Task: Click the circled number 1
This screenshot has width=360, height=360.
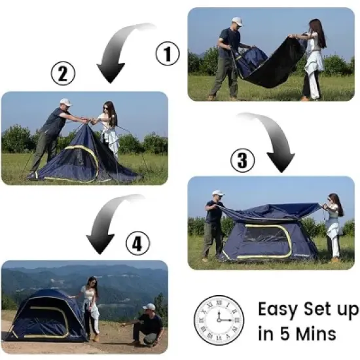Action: pos(167,53)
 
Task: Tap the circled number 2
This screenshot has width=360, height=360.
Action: pos(62,75)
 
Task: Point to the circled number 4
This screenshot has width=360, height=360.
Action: pos(135,244)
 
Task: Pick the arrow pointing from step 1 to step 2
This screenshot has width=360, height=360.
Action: pos(118,52)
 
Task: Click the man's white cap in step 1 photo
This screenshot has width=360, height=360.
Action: pos(237,22)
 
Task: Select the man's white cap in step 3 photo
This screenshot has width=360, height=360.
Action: pos(218,193)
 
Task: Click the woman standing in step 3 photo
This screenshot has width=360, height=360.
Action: pos(333,226)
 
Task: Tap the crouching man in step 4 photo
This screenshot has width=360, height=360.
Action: pos(149,323)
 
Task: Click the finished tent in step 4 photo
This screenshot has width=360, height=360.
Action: pos(45,315)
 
